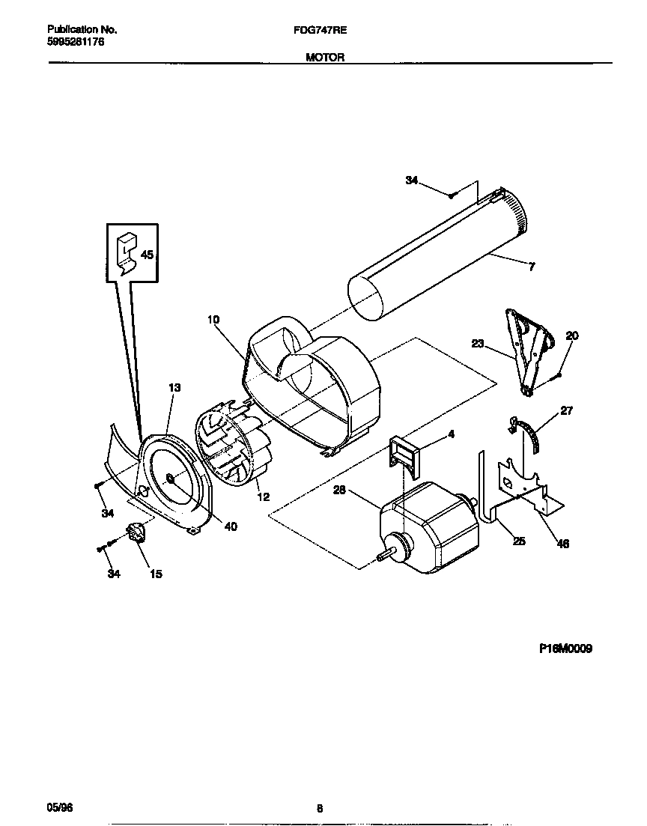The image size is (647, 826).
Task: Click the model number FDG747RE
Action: tap(325, 31)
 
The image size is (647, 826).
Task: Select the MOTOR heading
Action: tap(325, 57)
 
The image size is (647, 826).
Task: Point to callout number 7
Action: tap(532, 267)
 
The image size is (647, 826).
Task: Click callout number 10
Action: tap(213, 320)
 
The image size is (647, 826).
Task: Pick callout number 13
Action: tap(174, 388)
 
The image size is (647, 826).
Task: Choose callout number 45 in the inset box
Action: tap(147, 255)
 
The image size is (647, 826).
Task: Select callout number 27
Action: tap(566, 410)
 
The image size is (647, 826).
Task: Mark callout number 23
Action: tap(478, 344)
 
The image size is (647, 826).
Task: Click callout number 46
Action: tap(563, 544)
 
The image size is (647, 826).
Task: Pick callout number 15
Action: tap(156, 574)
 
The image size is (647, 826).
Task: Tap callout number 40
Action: tap(231, 526)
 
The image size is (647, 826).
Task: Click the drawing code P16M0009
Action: tap(565, 649)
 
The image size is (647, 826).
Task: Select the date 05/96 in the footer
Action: tap(58, 808)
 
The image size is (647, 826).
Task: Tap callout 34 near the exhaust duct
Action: tap(412, 180)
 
